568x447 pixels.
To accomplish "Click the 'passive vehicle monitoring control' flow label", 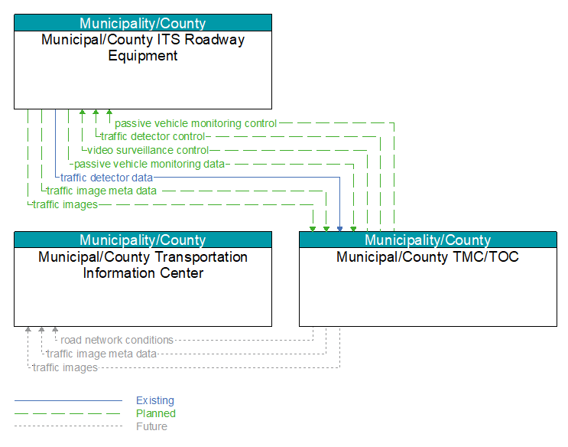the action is coord(196,124).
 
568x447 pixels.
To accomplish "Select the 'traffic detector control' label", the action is coord(153,137).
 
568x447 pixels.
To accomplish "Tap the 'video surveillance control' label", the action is coord(148,150).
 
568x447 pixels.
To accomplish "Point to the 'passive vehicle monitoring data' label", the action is coord(149,164).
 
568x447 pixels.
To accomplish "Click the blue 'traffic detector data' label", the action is coord(106,178).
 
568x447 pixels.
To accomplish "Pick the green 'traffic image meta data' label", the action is coord(102,191).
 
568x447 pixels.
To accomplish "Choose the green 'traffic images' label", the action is coord(65,204).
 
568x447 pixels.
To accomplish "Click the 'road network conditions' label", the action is coord(117,340).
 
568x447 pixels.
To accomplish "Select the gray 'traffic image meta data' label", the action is coord(102,354).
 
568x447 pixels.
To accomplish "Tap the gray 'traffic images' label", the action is coord(65,367).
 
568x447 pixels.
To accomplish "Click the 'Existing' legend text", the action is coord(155,400).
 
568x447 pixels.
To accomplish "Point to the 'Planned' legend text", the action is coord(156,413).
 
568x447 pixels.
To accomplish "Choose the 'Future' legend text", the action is coord(152,426).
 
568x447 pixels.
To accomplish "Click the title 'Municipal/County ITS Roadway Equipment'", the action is coord(143,47).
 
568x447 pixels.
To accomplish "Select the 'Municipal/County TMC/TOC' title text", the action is coord(428,257).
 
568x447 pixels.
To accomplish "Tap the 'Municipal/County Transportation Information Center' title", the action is coord(143,265).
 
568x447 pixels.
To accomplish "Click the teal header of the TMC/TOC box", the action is coord(428,240).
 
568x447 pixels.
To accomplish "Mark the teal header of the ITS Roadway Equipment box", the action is coord(143,23).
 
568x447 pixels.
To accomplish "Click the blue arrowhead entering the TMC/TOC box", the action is coord(339,229).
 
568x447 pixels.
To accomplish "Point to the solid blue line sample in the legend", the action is coord(69,400).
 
